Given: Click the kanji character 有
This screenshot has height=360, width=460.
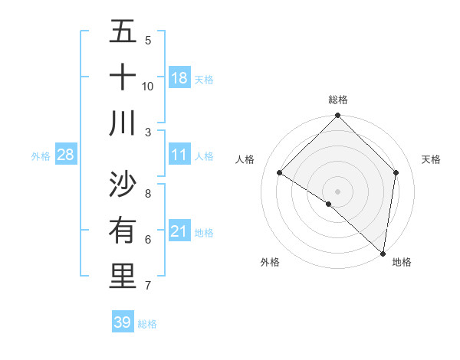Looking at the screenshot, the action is click(x=123, y=231).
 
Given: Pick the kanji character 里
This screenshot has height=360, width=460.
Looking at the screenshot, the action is click(x=123, y=277).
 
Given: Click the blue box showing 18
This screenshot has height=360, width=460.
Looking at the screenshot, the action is click(x=179, y=78).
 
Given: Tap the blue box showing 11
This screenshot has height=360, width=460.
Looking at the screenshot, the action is click(x=179, y=155).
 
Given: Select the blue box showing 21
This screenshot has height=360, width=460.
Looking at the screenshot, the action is click(x=179, y=231).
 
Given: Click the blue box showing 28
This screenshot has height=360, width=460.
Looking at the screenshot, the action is click(x=66, y=155).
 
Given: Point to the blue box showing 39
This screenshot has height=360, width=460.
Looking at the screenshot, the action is click(x=123, y=322).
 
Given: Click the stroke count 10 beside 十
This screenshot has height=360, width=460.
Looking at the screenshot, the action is click(x=148, y=87).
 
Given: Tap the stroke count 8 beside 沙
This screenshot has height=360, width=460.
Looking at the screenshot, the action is click(x=148, y=193).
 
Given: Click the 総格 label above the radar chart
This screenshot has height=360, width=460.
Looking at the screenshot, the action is click(x=338, y=100).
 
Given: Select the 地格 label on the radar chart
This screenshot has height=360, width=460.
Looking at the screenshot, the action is click(x=402, y=262).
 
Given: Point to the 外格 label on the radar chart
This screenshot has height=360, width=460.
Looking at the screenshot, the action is click(x=270, y=262).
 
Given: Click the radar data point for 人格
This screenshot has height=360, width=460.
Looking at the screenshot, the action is click(x=280, y=173).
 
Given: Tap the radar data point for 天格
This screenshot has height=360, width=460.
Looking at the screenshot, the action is click(x=396, y=172).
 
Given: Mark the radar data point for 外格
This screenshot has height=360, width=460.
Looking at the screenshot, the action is click(x=329, y=204).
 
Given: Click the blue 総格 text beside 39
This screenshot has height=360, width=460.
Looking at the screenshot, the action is click(x=147, y=324).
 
